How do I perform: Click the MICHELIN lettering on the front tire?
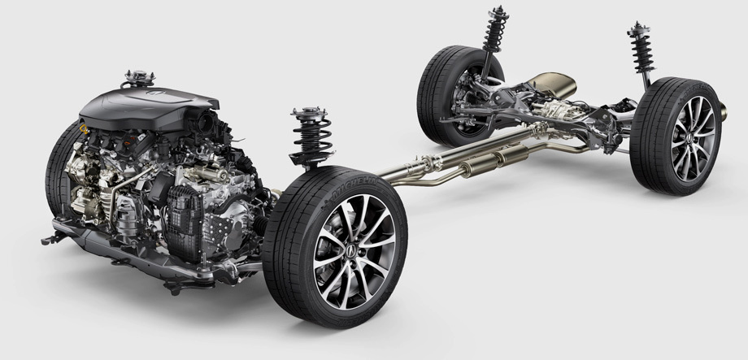point(328,189)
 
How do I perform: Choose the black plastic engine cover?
point(163,106)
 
